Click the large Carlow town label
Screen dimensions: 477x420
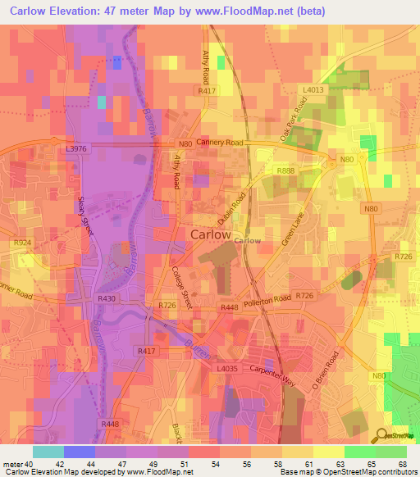click(x=211, y=234)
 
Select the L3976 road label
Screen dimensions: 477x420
click(x=75, y=149)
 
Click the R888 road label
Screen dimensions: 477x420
click(x=285, y=170)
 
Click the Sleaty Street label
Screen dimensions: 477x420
click(x=86, y=215)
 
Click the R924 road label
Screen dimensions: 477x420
click(x=21, y=243)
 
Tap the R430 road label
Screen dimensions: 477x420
click(x=107, y=299)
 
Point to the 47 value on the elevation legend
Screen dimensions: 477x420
click(x=126, y=463)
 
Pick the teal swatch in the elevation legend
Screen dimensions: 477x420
click(x=48, y=452)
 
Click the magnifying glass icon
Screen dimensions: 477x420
click(x=379, y=435)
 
